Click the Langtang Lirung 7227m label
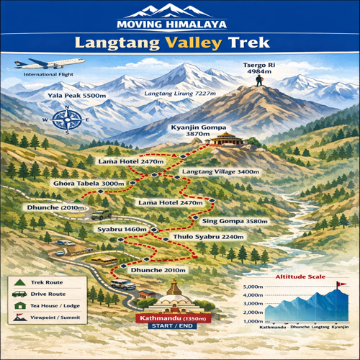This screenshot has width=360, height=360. click(x=179, y=94)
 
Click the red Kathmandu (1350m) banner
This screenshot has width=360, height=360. click(x=171, y=318)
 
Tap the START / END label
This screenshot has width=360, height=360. click(x=171, y=327)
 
